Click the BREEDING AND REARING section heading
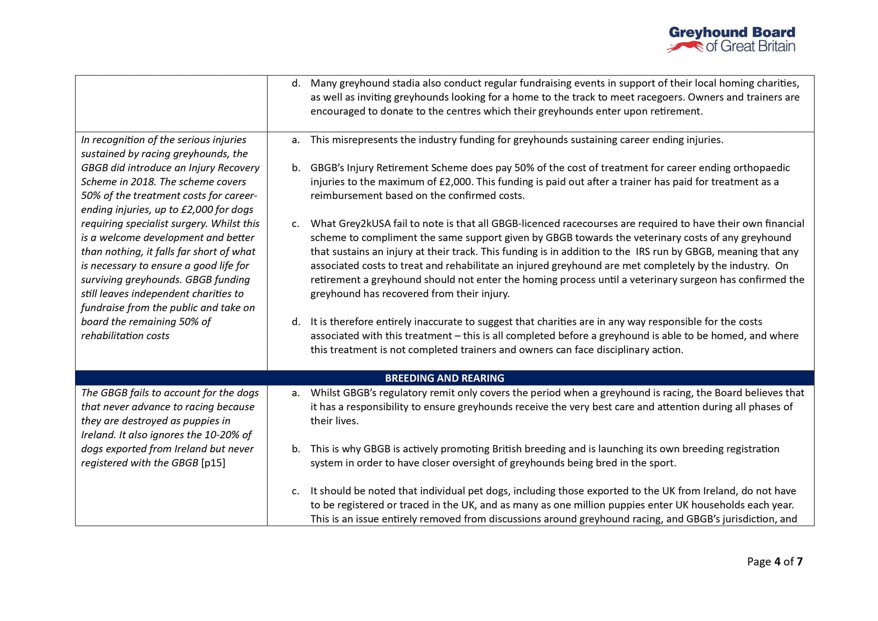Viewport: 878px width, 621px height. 444,378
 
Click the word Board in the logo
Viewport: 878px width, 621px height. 774,32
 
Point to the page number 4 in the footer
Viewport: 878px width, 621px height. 777,562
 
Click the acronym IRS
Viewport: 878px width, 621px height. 645,252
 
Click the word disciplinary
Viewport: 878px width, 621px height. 623,350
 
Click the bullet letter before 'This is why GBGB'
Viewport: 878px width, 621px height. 296,449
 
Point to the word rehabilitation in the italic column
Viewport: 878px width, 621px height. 110,336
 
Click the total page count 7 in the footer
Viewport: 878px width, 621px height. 799,562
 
